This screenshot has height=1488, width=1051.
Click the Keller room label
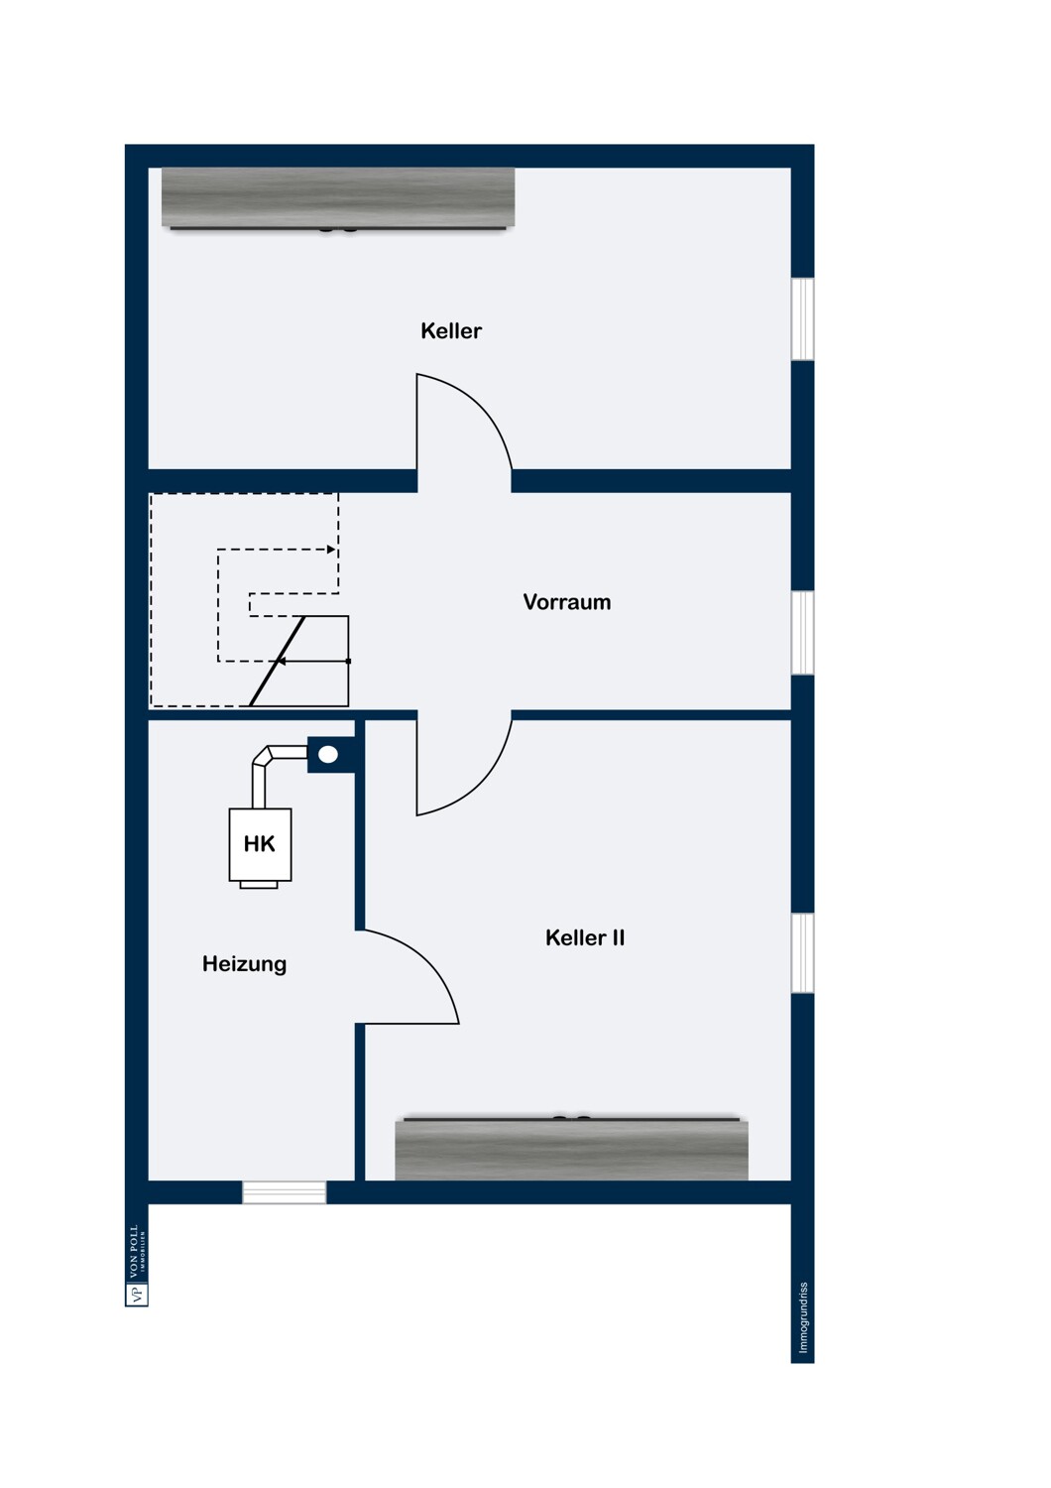451,330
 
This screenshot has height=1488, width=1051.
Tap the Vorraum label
566,602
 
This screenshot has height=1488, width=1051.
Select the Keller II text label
584,937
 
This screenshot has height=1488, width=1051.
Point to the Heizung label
244,964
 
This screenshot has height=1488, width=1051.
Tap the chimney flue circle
328,754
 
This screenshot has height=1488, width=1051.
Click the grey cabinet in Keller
338,198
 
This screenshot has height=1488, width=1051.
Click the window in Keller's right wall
803,318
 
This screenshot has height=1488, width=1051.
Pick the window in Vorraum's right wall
803,633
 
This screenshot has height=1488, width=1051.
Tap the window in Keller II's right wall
803,953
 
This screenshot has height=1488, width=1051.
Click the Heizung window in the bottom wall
285,1192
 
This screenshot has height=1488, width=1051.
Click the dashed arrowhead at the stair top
331,550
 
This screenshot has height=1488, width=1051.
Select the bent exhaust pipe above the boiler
277,772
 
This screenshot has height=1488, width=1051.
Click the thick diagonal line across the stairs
277,661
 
